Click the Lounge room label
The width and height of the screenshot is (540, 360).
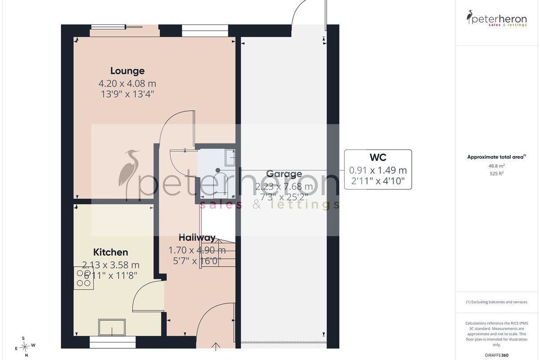pos(127,71)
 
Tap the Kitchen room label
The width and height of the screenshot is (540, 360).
pos(111,252)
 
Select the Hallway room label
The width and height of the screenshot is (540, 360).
pos(197,238)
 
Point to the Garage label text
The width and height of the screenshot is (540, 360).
pos(284,174)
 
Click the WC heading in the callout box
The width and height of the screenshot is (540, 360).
pos(378,157)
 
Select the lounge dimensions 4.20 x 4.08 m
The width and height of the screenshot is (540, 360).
pos(127,84)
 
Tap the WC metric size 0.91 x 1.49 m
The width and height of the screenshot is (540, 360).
pos(378,171)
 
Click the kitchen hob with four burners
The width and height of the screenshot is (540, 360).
pos(84,278)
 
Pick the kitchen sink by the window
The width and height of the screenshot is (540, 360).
pos(112,327)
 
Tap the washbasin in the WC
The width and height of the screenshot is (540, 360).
pos(230,157)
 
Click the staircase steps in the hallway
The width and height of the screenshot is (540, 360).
pos(218,253)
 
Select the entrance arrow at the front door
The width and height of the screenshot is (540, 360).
pos(216,347)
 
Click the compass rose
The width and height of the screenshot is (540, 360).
pos(25,347)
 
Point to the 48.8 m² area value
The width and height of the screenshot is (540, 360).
pos(497,166)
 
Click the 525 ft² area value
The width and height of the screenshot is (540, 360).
pos(497,173)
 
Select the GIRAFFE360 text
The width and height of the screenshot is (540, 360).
pos(497,355)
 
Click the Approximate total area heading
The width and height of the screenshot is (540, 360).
pos(497,157)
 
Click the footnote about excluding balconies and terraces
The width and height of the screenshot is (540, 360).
pos(497,302)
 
